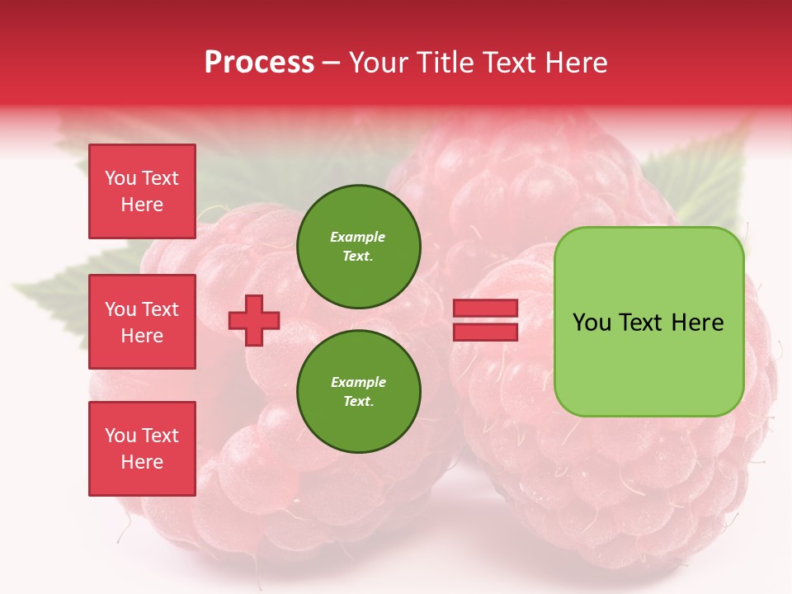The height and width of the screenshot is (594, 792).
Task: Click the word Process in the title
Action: coord(259,63)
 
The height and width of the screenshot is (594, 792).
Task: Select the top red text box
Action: coord(142,191)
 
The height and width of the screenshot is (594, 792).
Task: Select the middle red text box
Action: coord(142,322)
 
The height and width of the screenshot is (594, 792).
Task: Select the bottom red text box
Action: coord(142,448)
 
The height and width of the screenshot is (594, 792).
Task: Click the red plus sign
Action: coord(254,320)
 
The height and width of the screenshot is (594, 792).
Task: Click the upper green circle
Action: coord(358,246)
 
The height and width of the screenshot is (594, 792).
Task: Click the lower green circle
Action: coord(358,391)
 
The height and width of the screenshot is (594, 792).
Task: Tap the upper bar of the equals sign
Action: coord(485,309)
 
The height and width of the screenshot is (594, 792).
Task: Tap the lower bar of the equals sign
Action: coord(485,332)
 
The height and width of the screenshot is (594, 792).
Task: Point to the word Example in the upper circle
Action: coord(357,237)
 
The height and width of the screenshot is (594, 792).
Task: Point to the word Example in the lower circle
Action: coord(358,382)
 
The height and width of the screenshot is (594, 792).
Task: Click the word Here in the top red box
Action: coord(142,205)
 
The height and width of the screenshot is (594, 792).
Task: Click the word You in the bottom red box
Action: coord(120,435)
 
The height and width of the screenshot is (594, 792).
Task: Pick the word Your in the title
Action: coord(377,63)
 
